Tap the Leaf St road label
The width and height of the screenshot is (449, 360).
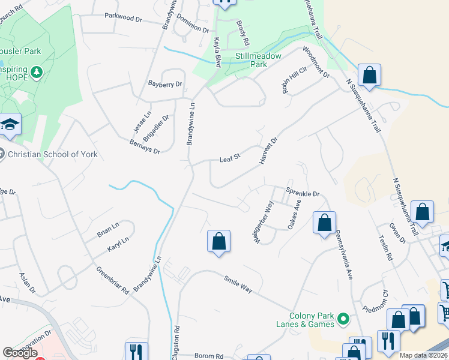coord(230,158)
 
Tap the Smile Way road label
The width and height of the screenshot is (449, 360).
coord(238,284)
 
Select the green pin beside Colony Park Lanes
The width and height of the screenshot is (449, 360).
coord(343,319)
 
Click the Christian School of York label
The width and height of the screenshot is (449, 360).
coord(52,154)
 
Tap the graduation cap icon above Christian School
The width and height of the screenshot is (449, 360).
coord(10,124)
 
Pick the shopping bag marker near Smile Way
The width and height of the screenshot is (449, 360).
coord(219,242)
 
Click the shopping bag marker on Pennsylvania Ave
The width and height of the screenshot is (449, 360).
coord(324,223)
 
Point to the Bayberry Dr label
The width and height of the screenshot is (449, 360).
coord(164,85)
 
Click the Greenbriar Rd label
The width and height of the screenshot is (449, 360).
coord(112,280)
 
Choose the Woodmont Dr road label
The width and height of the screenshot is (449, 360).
coord(316,62)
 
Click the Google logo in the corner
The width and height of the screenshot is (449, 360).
coord(20,353)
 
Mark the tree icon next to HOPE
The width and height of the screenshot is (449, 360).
coord(37,73)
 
